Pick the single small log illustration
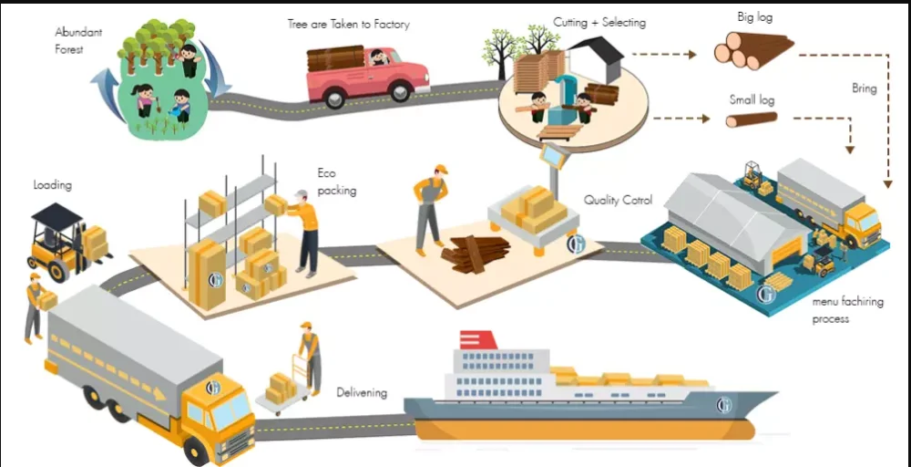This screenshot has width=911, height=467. (x=752, y=119)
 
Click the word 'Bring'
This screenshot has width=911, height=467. (x=864, y=88)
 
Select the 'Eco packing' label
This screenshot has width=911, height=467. (x=336, y=182)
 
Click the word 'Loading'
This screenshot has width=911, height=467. (x=52, y=185)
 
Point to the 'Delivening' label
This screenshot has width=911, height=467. (x=362, y=393)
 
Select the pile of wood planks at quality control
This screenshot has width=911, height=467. (x=471, y=254)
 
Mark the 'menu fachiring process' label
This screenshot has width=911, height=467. (x=848, y=310)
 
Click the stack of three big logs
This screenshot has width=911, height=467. (x=752, y=50)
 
